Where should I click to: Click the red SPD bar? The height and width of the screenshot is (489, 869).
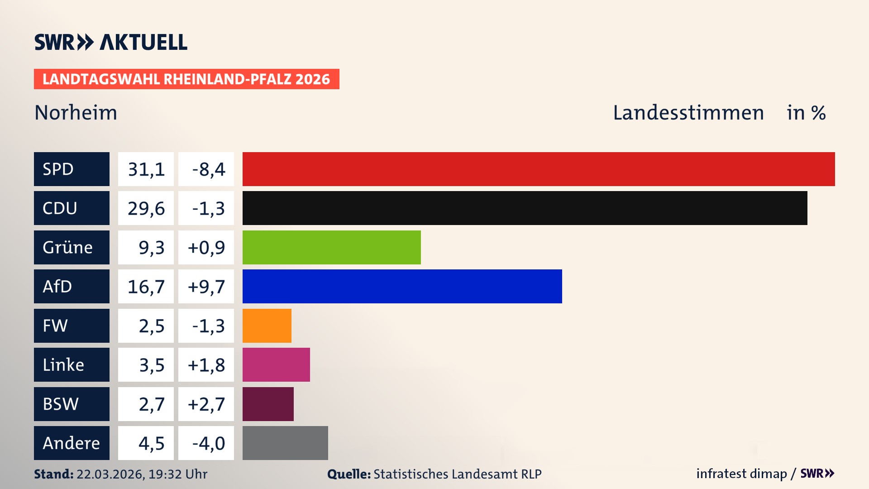pos(539,169)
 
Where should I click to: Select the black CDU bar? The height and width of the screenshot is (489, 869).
pos(525,208)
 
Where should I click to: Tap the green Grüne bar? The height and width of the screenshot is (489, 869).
pos(331,247)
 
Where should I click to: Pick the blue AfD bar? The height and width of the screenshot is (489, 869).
pos(402,286)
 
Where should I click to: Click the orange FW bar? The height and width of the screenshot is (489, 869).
pos(267,326)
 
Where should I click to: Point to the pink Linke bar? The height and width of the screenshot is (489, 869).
pos(276,364)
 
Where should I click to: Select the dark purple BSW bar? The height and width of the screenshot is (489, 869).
pos(268,404)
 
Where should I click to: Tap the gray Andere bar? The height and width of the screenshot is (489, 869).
pos(285,443)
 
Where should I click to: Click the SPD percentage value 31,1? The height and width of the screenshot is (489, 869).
pos(146,169)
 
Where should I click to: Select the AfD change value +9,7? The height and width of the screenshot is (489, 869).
pos(206,286)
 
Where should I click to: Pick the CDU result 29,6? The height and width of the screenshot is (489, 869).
pos(146,208)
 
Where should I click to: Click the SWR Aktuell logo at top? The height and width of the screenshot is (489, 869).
pos(111,42)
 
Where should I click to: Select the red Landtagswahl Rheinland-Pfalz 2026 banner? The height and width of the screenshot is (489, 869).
pos(186,79)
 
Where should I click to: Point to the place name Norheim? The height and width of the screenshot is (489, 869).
pos(76,112)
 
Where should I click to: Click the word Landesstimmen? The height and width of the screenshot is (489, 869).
pos(688,112)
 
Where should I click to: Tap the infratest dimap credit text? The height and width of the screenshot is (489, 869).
pos(741,474)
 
